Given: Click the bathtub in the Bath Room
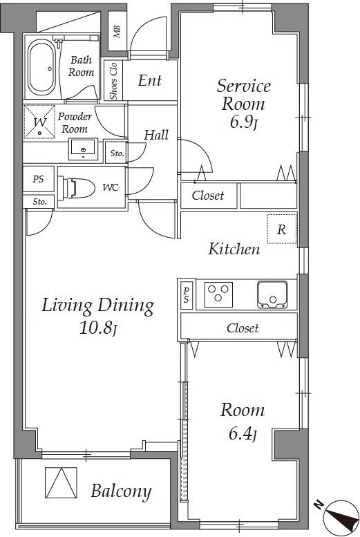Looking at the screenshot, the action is [41, 68].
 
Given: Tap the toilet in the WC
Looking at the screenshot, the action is [77, 188].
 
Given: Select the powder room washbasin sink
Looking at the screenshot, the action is [83, 149].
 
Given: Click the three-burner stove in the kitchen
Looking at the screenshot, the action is [218, 294].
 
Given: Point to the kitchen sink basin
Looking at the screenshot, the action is [272, 294].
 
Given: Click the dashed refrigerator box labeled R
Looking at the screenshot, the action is [281, 229].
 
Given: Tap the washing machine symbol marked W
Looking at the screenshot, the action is [39, 122].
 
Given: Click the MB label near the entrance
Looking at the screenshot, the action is [117, 32].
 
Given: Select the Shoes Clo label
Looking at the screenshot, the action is [113, 81].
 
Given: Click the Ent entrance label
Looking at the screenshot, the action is [150, 80].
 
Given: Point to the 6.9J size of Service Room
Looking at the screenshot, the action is [243, 122].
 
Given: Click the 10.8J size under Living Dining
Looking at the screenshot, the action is [98, 328].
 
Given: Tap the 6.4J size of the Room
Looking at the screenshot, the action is [243, 433].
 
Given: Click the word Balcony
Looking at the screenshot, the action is [121, 492].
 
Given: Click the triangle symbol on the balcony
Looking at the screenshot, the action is [61, 483].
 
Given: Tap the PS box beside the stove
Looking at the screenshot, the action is [187, 295].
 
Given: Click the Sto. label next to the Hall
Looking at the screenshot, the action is [117, 153].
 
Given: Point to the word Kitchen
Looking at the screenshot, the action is [234, 249].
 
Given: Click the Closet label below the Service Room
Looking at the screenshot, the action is [208, 196].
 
